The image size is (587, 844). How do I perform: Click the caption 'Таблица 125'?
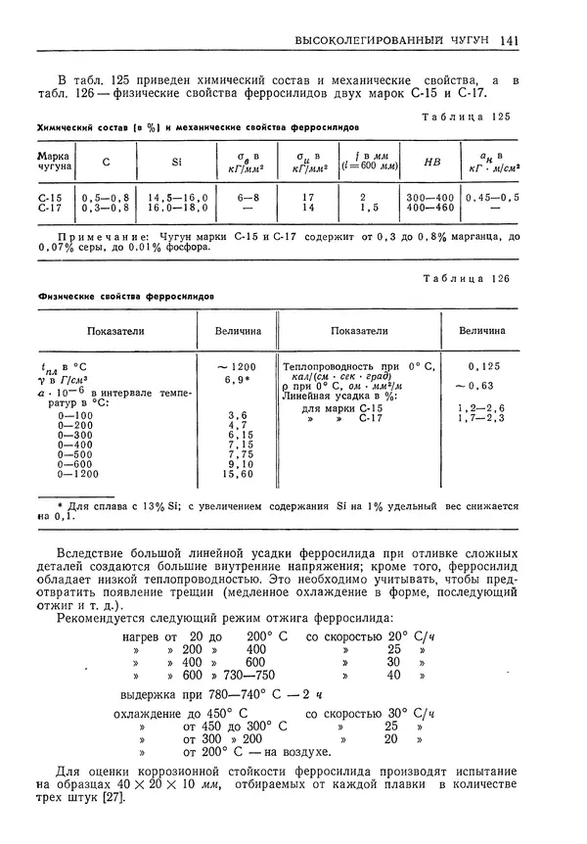(x=472, y=117)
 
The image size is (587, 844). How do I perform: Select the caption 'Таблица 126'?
(x=472, y=279)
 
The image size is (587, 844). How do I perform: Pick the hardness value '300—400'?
(x=429, y=197)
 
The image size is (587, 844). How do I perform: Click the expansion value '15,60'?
(x=239, y=474)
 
